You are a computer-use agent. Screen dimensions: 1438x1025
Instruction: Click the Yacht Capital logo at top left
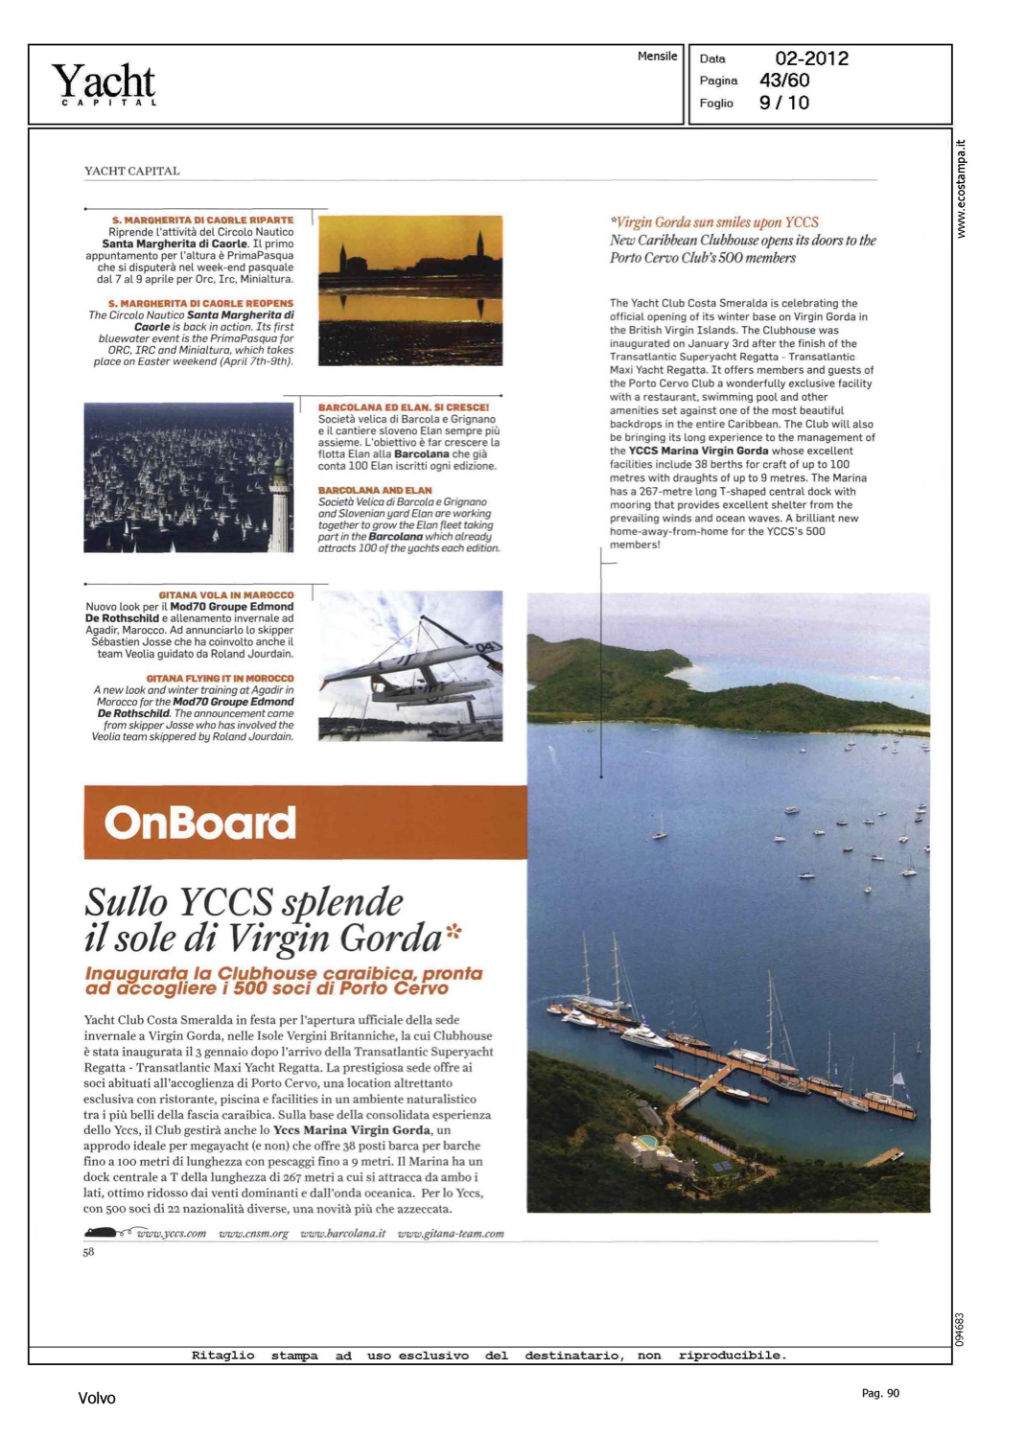pyautogui.click(x=104, y=84)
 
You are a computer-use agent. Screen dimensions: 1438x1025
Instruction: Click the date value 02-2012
pyautogui.click(x=811, y=58)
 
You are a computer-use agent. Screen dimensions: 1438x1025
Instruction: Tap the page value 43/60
pyautogui.click(x=784, y=81)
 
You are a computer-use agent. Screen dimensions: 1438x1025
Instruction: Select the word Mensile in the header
pyautogui.click(x=657, y=57)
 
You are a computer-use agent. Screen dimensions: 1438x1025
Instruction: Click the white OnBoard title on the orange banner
pyautogui.click(x=199, y=823)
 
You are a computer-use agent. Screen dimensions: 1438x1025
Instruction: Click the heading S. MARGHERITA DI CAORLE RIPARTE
pyautogui.click(x=202, y=220)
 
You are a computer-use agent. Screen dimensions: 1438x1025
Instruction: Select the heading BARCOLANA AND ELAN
pyautogui.click(x=375, y=490)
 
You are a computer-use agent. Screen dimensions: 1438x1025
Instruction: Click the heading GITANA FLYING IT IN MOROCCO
pyautogui.click(x=220, y=679)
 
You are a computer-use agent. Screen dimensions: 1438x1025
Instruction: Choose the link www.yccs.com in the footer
pyautogui.click(x=171, y=1234)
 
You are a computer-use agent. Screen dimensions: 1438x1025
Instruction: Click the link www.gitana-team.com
pyautogui.click(x=451, y=1234)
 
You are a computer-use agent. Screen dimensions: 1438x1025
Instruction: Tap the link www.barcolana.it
pyautogui.click(x=342, y=1234)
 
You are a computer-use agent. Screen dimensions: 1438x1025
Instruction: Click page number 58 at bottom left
pyautogui.click(x=88, y=1252)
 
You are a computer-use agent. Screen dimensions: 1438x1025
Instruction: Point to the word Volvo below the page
pyautogui.click(x=97, y=1398)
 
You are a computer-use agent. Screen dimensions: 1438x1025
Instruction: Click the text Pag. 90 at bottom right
pyautogui.click(x=880, y=1393)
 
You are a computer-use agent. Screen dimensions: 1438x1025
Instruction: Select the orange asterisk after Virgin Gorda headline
pyautogui.click(x=454, y=930)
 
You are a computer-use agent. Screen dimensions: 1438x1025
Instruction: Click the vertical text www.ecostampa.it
pyautogui.click(x=962, y=189)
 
